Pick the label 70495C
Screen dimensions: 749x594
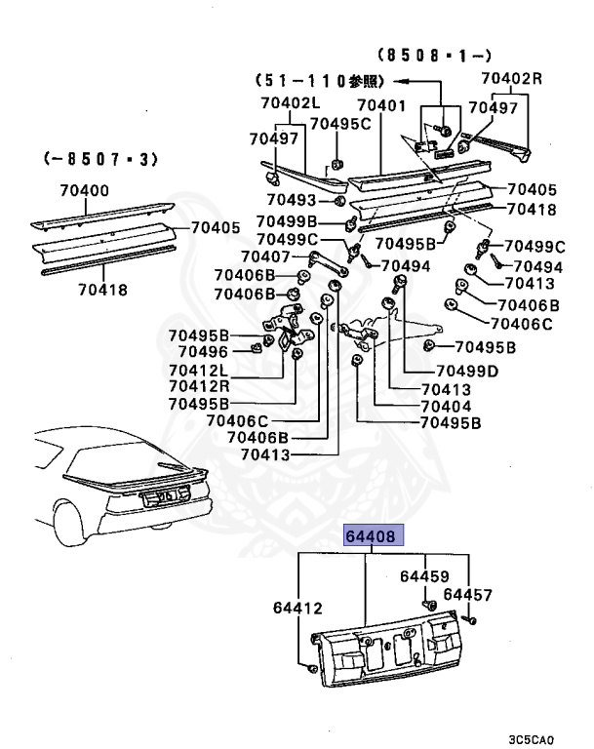[340, 123]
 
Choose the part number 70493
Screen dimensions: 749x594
[291, 200]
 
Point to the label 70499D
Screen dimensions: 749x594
[466, 371]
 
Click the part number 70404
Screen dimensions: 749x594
[446, 406]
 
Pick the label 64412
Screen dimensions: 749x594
[297, 608]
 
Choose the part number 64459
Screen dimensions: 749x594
[424, 576]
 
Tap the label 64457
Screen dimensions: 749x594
[468, 594]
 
